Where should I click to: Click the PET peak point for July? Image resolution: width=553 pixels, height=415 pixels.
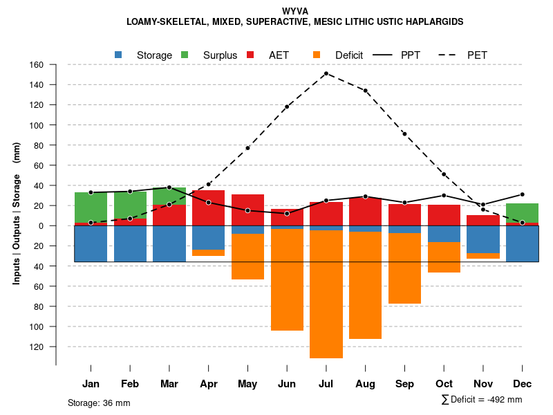326,73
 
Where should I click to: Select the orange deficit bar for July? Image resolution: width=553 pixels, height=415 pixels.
326,294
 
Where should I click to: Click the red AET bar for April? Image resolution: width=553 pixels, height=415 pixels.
208,207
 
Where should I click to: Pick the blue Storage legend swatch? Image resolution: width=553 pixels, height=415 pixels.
119,55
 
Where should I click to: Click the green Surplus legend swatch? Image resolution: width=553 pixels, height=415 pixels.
185,55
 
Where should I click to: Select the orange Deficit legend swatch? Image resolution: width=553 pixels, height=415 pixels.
317,55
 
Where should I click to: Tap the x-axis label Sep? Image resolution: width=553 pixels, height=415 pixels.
404,384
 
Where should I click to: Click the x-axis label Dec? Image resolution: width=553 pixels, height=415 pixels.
522,384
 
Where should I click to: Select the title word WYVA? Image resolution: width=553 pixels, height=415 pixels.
296,11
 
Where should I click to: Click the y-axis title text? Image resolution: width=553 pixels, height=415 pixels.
17,213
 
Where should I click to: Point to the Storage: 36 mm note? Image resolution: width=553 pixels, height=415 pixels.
99,403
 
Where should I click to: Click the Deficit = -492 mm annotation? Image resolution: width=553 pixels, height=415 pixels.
482,399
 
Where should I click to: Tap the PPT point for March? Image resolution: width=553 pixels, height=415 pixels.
169,187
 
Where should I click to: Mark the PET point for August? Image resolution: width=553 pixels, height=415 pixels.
365,91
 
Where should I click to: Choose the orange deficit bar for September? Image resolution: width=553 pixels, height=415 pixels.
404,268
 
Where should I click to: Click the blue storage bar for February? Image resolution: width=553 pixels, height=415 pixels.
130,243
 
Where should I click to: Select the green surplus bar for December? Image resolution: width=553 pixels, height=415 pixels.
522,213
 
